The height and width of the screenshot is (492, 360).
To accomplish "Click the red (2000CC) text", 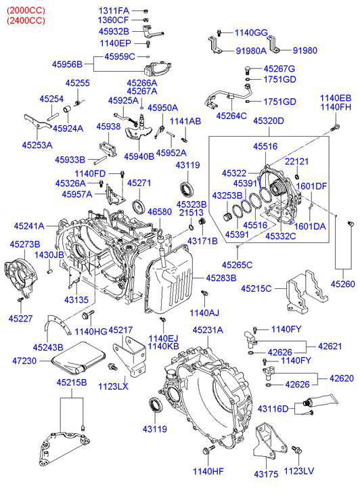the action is tap(26, 10).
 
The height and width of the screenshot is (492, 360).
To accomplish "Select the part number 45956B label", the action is tap(67, 64).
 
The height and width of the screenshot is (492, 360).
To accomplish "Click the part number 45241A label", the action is tap(29, 226).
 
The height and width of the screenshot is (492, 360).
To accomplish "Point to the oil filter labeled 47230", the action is tap(78, 359).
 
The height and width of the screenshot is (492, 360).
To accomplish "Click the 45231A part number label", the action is tap(208, 330).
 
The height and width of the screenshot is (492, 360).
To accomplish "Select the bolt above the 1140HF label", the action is tap(208, 450).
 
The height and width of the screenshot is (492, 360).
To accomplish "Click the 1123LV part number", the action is tap(299, 471).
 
